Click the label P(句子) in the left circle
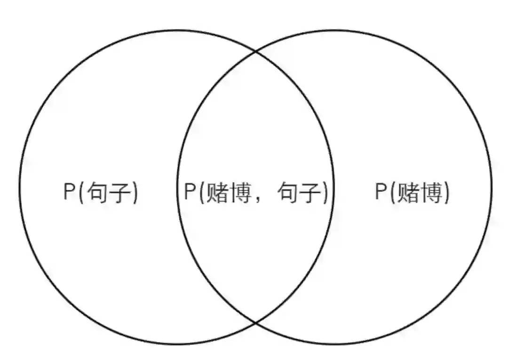tap(101, 192)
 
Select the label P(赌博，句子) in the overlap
tap(255, 192)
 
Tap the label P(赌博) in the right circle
tap(412, 192)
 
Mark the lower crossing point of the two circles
tap(256, 323)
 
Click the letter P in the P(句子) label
tap(69, 192)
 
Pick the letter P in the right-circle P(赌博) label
tap(381, 192)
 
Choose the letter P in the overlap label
tap(190, 192)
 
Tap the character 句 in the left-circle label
tap(97, 193)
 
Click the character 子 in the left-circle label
tap(121, 193)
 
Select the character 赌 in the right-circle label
tap(408, 193)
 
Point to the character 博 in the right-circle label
tap(431, 193)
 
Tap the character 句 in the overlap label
tap(288, 193)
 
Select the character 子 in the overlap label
tap(311, 193)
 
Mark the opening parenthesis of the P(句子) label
tap(81, 193)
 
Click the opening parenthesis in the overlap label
tap(201, 193)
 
